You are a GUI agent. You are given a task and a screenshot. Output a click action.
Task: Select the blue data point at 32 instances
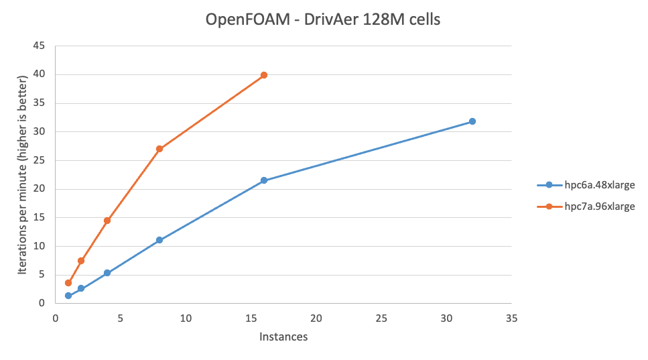[x=472, y=121]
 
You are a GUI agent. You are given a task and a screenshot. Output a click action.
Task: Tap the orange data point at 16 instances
[x=263, y=75]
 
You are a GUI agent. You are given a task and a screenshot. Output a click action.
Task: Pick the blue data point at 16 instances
[x=263, y=180]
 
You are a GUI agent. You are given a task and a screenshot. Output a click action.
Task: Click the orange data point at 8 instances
[x=159, y=149]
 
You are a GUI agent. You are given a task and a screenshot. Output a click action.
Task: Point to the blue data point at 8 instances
[x=159, y=240]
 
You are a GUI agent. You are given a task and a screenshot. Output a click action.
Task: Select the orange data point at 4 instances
[x=107, y=221]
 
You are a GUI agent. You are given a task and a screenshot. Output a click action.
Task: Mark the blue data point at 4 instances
[x=107, y=273]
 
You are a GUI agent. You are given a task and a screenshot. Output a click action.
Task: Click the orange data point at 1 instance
[x=68, y=283]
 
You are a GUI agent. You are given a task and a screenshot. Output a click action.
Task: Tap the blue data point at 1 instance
[x=68, y=296]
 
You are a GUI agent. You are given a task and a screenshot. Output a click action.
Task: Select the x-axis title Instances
[x=283, y=337]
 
